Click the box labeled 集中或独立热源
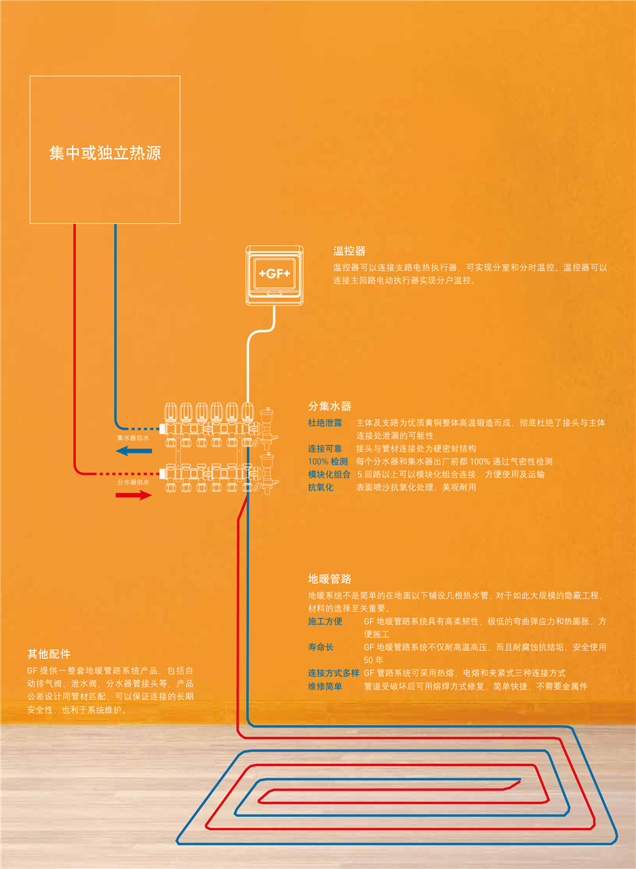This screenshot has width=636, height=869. point(105,150)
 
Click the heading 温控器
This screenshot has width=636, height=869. point(349,251)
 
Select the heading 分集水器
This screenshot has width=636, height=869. point(330,406)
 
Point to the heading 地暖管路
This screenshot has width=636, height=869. point(330,579)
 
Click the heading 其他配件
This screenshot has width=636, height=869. point(49,654)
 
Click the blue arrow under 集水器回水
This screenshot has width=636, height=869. point(133,451)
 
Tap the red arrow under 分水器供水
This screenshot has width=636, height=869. point(133,495)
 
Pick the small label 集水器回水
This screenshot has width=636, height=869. point(133,438)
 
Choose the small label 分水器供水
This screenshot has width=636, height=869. point(133,482)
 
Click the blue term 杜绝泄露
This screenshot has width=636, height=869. point(325,422)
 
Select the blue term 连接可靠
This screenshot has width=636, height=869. point(325,448)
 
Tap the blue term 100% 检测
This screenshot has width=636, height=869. point(327,461)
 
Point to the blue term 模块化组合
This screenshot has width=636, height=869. point(330,474)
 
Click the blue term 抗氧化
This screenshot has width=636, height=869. point(321,487)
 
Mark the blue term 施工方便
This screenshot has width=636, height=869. point(325,621)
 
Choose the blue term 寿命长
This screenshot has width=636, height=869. point(321,647)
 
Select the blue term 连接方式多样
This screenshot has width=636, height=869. point(334,673)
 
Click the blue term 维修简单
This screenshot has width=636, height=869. point(325,686)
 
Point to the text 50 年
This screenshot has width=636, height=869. point(374,660)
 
